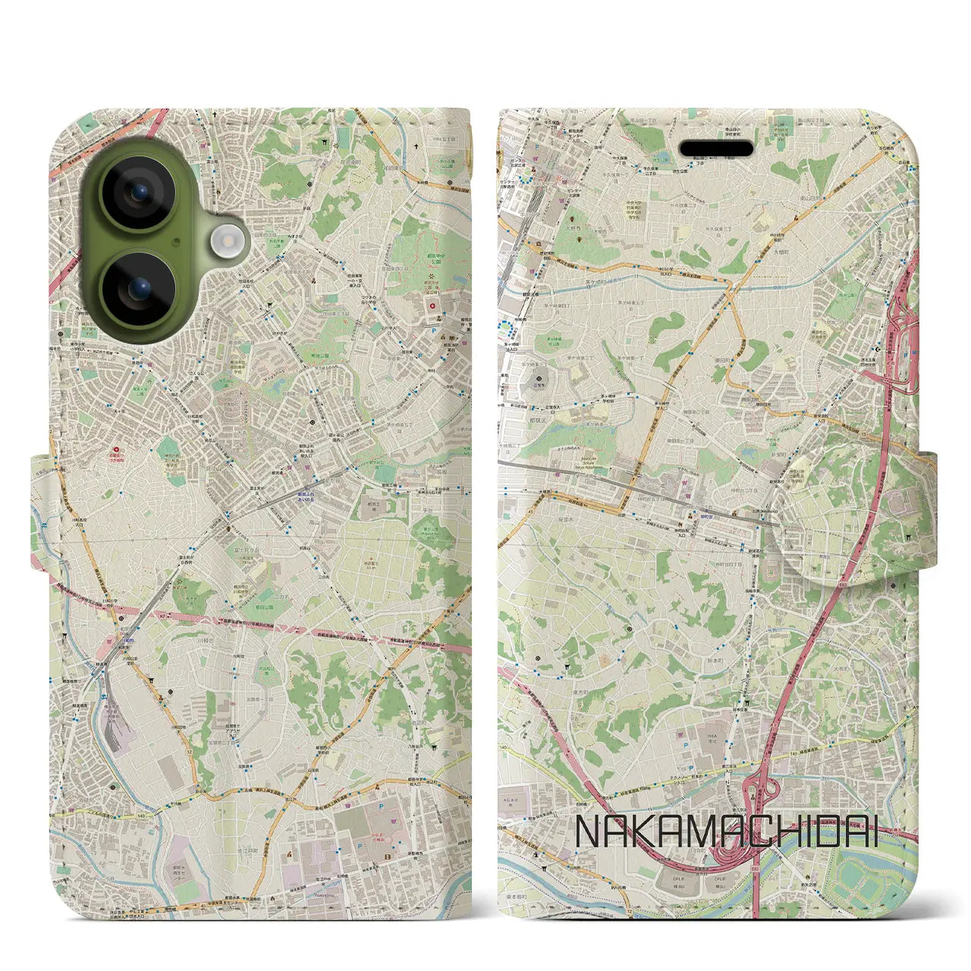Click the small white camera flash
[225, 242]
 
